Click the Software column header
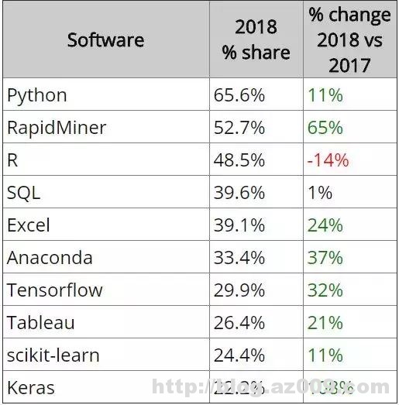105,39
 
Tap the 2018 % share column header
256,39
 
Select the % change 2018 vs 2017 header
349,39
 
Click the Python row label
37,95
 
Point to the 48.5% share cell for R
239,160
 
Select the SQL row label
24,193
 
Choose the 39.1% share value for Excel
239,225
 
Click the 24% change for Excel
325,225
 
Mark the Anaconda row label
50,258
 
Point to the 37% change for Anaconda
325,258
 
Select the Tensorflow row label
55,290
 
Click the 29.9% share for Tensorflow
239,290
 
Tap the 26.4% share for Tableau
239,323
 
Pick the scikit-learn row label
53,355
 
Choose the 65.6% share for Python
239,95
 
